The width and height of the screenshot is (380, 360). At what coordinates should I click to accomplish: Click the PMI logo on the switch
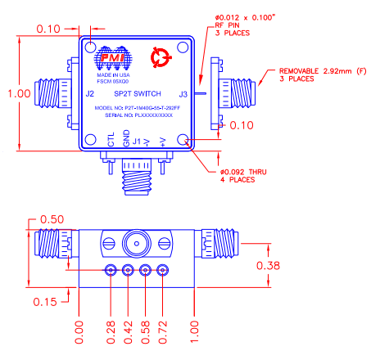[111, 59]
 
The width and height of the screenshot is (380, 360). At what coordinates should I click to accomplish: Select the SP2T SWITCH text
[137, 94]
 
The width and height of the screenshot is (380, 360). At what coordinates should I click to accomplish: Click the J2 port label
[89, 94]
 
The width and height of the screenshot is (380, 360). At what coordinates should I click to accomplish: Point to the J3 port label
[183, 94]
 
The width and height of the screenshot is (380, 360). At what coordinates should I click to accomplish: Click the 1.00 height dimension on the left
[19, 93]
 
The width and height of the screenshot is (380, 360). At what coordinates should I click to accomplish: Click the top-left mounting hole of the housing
[92, 47]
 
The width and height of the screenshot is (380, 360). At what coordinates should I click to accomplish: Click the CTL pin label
[112, 141]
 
